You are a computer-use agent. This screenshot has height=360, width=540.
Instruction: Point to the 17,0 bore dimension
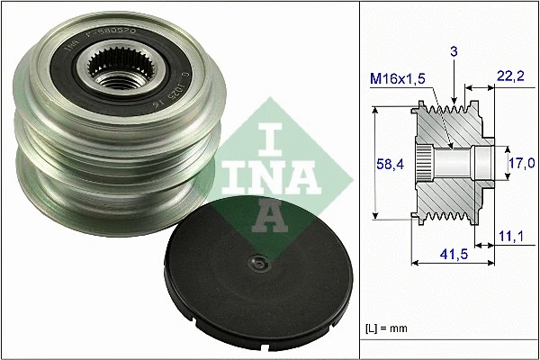[521, 163]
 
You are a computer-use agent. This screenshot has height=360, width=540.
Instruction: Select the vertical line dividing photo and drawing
[359, 180]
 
